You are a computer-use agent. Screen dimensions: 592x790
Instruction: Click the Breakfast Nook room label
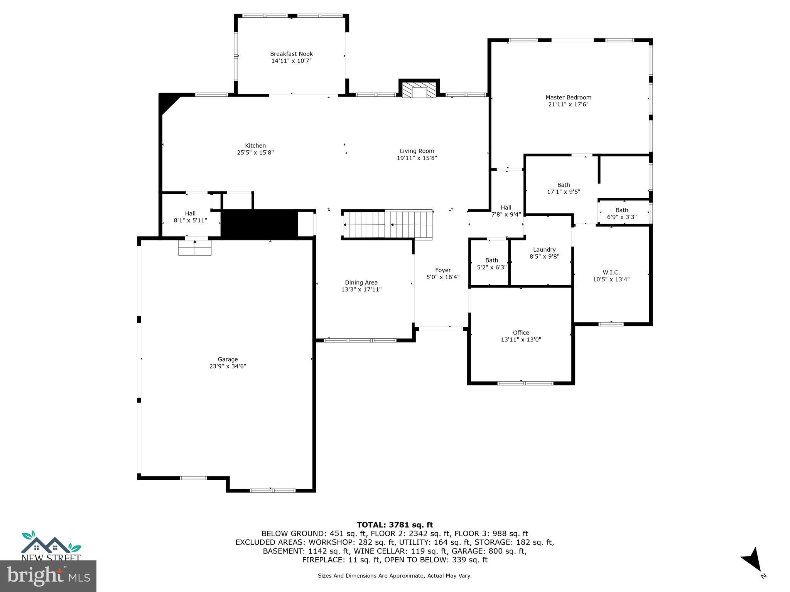tap(291, 54)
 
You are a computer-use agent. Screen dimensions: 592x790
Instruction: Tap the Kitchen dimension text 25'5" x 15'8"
tap(255, 153)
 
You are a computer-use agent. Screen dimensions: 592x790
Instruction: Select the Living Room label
tap(417, 151)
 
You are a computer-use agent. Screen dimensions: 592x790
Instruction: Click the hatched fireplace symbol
tap(419, 89)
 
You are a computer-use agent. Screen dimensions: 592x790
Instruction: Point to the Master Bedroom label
tap(568, 98)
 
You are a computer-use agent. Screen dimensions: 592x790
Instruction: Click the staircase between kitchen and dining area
tap(388, 225)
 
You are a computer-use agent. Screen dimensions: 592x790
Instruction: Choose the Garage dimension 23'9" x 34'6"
tap(228, 366)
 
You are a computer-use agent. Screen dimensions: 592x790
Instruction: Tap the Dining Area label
tap(361, 283)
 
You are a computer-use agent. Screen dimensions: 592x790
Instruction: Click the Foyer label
tap(443, 270)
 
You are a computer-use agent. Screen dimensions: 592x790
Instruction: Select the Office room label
tap(521, 333)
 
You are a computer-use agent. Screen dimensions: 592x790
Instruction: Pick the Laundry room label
tap(544, 250)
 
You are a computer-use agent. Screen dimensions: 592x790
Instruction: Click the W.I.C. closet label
tap(611, 272)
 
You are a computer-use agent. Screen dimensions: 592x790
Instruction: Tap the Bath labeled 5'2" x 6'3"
tap(491, 264)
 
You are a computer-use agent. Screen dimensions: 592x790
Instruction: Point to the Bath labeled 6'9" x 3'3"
tap(621, 214)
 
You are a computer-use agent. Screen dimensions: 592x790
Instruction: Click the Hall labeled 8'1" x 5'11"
tap(190, 217)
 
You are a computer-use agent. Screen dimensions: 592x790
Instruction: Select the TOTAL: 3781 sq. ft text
tap(395, 525)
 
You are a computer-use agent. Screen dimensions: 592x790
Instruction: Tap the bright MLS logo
tap(48, 576)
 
